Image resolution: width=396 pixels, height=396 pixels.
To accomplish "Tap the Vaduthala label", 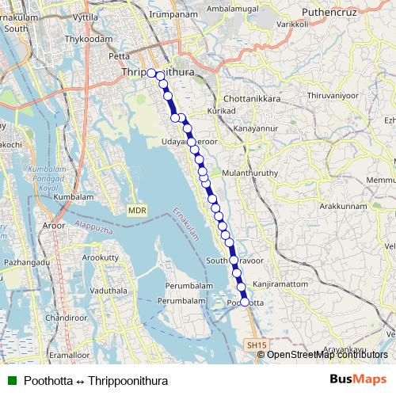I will (x=109, y=291).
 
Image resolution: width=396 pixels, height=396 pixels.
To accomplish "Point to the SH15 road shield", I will (x=252, y=345).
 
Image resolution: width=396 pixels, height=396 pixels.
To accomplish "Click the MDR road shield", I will (x=136, y=211).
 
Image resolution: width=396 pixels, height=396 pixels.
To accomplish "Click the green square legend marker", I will (x=12, y=381).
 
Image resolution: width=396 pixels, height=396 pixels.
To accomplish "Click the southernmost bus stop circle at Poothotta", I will (x=245, y=302).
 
